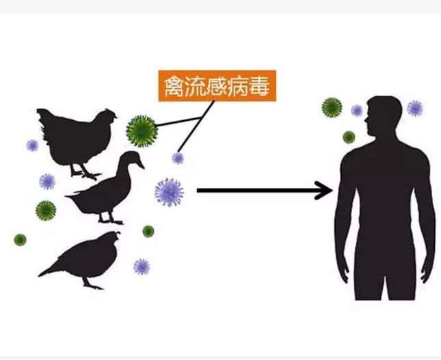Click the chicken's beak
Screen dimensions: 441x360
point(115,116)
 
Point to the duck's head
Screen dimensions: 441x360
point(132,159)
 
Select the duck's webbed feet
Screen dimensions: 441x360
point(111,221)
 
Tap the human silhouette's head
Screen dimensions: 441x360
point(383,115)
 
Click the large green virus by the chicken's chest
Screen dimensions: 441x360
point(142,131)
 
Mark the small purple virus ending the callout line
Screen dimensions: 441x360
point(178,158)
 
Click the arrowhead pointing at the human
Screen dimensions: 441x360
point(324,191)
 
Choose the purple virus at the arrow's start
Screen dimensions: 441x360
point(170,193)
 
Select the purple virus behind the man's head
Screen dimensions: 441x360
point(415,108)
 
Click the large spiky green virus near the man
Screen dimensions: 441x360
point(332,107)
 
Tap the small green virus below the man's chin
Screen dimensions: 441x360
point(349,137)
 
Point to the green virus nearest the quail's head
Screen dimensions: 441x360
point(148,232)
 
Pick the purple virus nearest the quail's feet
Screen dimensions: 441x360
point(142,266)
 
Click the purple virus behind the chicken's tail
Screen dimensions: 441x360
point(32,146)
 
